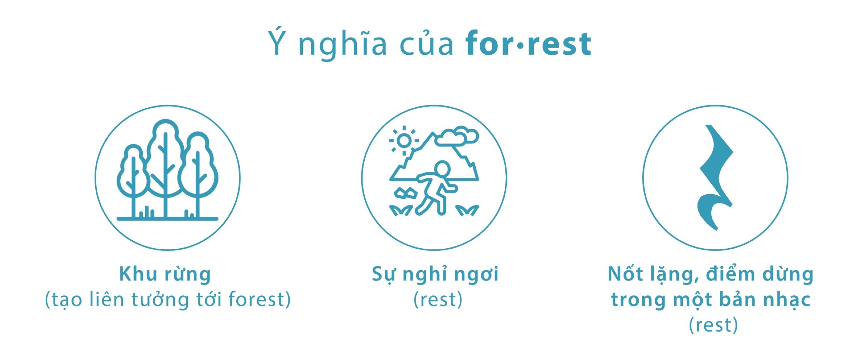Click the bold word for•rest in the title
click(528, 43)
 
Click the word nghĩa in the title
click(342, 44)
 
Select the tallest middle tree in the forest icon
click(165, 168)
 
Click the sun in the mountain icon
click(404, 140)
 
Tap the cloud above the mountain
click(457, 137)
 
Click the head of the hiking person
click(442, 169)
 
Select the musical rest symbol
click(716, 177)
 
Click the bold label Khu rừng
click(165, 274)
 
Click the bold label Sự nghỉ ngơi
click(435, 274)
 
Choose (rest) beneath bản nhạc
click(713, 325)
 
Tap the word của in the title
click(426, 44)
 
